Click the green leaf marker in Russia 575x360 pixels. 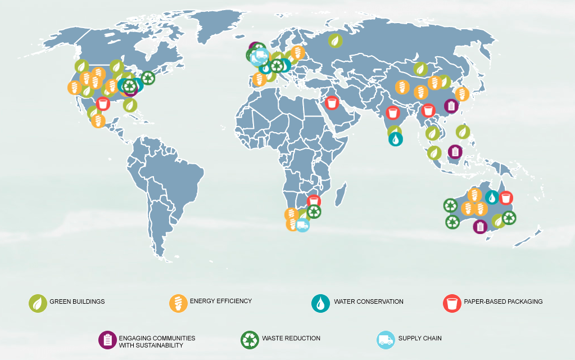pyautogui.click(x=335, y=40)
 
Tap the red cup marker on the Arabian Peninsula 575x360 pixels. pyautogui.click(x=332, y=103)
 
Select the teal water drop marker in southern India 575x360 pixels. pyautogui.click(x=396, y=138)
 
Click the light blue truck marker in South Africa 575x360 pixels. pyautogui.click(x=302, y=226)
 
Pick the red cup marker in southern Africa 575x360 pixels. pyautogui.click(x=314, y=200)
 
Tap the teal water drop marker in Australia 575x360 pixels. pyautogui.click(x=492, y=197)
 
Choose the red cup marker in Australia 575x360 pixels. pyautogui.click(x=506, y=197)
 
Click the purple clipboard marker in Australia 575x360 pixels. pyautogui.click(x=480, y=226)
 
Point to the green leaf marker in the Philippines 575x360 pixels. pyautogui.click(x=463, y=132)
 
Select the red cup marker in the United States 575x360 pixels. pyautogui.click(x=103, y=103)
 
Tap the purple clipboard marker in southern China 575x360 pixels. pyautogui.click(x=451, y=106)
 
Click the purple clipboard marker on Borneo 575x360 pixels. pyautogui.click(x=455, y=151)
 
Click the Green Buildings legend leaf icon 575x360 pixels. pyautogui.click(x=38, y=303)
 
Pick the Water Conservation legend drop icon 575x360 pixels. pyautogui.click(x=320, y=303)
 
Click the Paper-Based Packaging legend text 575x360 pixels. pyautogui.click(x=503, y=301)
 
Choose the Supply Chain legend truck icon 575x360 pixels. pyautogui.click(x=385, y=340)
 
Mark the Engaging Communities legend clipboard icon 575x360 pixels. pyautogui.click(x=107, y=340)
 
